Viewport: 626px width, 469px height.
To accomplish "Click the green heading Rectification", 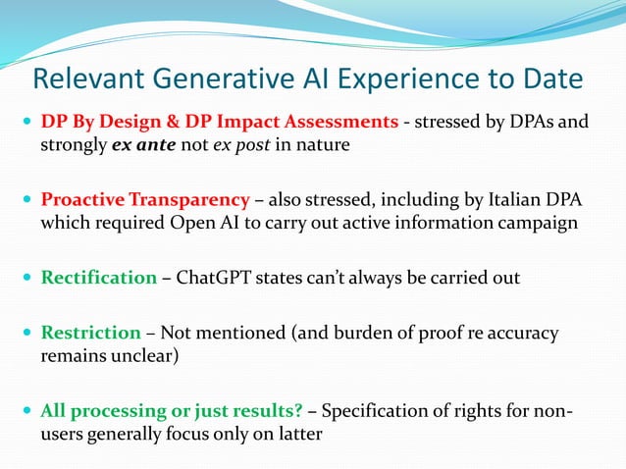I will tap(98, 278).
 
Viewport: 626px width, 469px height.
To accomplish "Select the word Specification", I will tap(379, 410).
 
